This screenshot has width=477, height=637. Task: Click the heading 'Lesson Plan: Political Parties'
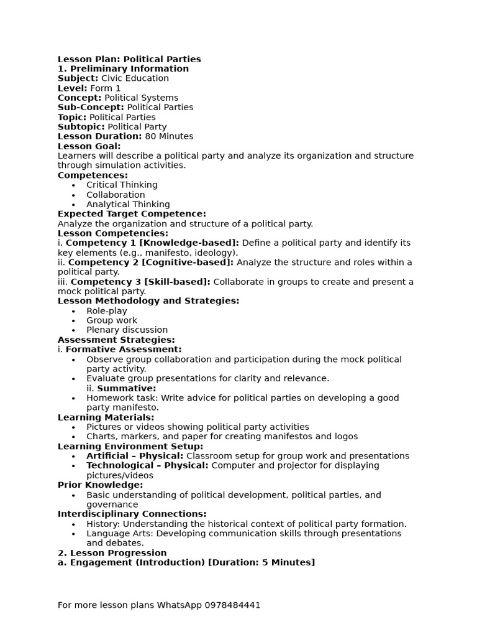pyautogui.click(x=129, y=59)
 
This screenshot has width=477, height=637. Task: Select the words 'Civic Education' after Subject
pyautogui.click(x=135, y=78)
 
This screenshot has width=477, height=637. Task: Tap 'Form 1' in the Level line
pyautogui.click(x=106, y=88)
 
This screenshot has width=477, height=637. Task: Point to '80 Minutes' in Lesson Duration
pyautogui.click(x=169, y=136)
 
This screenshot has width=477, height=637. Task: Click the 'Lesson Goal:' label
pyautogui.click(x=89, y=146)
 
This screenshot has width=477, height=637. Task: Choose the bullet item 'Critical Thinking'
pyautogui.click(x=122, y=185)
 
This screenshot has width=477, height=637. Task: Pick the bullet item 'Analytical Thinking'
pyautogui.click(x=128, y=204)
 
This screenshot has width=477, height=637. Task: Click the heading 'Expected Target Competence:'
pyautogui.click(x=132, y=214)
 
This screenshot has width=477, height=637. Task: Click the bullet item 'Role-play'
pyautogui.click(x=107, y=310)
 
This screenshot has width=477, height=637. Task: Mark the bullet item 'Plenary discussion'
pyautogui.click(x=127, y=330)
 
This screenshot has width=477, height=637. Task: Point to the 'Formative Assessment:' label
pyautogui.click(x=124, y=350)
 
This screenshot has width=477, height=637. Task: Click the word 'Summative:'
pyautogui.click(x=127, y=388)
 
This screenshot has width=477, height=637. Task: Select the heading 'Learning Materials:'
pyautogui.click(x=106, y=417)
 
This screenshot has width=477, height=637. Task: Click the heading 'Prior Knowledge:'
pyautogui.click(x=100, y=485)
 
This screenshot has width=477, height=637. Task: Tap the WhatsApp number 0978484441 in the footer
pyautogui.click(x=231, y=605)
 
